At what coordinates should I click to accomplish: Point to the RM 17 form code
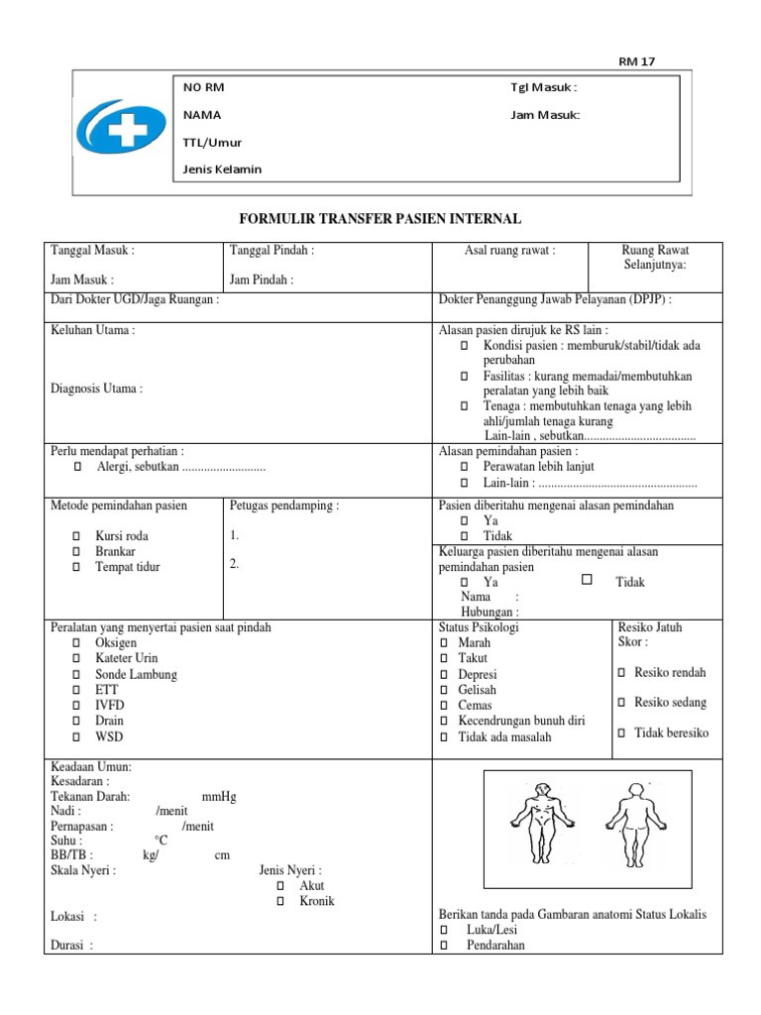pyautogui.click(x=636, y=61)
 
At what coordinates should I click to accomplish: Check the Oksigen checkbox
pyautogui.click(x=76, y=643)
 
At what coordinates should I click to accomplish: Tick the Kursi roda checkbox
pyautogui.click(x=76, y=535)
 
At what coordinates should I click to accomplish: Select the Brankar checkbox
pyautogui.click(x=76, y=551)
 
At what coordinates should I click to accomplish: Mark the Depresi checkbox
pyautogui.click(x=444, y=674)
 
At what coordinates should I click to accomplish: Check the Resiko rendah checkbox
pyautogui.click(x=621, y=673)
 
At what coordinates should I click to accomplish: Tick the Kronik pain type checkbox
pyautogui.click(x=280, y=901)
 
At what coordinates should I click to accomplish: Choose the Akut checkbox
pyautogui.click(x=280, y=885)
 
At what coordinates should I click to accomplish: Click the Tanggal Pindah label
pyautogui.click(x=272, y=251)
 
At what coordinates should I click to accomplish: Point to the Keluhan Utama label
pyautogui.click(x=92, y=330)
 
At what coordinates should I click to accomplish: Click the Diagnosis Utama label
pyautogui.click(x=96, y=389)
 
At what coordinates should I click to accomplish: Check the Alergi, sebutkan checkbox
pyautogui.click(x=76, y=466)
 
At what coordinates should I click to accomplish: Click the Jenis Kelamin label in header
pyautogui.click(x=222, y=169)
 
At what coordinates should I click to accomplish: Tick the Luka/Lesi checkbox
pyautogui.click(x=444, y=930)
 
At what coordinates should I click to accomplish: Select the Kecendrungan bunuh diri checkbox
pyautogui.click(x=444, y=722)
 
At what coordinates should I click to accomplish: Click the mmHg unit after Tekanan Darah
pyautogui.click(x=219, y=795)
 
